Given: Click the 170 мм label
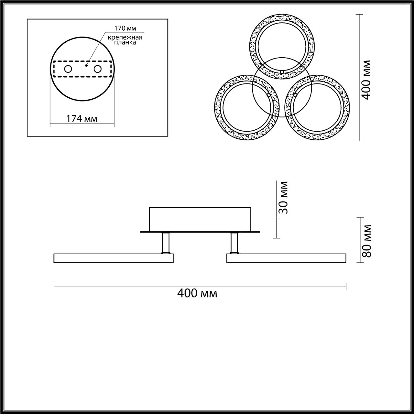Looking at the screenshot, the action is pos(125,28).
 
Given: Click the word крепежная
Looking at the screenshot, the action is pos(125,38).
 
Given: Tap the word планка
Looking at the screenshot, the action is pos(125,43).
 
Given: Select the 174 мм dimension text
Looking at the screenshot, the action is pos(82,118).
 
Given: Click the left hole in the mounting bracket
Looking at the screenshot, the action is pos(68,69).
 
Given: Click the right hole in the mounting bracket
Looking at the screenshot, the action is pos(97,69).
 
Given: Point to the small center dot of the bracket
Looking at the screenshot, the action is pos(86,65).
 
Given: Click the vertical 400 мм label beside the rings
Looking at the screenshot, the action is pos(366,80).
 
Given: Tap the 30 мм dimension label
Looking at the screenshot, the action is pos(282,197).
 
